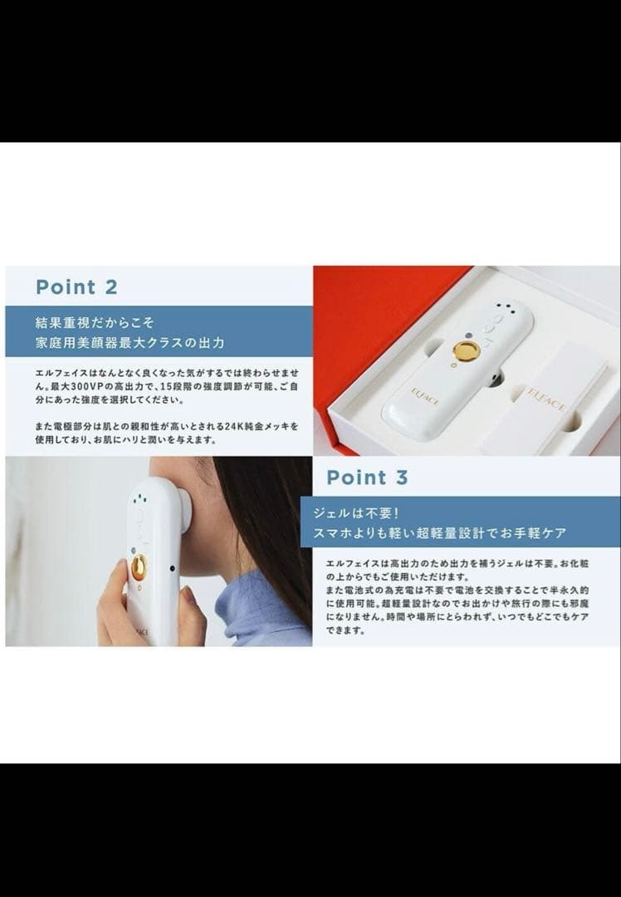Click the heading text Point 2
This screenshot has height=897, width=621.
(76, 287)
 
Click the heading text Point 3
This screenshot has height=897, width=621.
(367, 478)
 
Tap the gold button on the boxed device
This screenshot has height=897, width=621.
(466, 351)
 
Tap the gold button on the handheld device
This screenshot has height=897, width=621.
(139, 566)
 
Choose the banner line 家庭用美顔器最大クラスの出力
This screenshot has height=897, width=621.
(130, 341)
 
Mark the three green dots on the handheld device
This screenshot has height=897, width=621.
(140, 501)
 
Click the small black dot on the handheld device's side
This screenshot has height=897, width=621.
(172, 569)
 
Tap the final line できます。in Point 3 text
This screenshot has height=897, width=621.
(347, 630)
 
